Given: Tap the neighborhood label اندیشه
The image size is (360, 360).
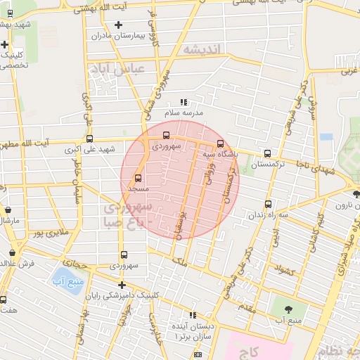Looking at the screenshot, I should pyautogui.click(x=202, y=49).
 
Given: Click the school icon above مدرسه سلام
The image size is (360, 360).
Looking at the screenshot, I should pyautogui.click(x=184, y=103).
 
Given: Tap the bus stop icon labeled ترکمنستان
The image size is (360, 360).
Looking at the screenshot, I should pyautogui.click(x=267, y=153).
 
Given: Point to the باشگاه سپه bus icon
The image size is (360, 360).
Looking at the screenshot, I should pyautogui.click(x=220, y=144).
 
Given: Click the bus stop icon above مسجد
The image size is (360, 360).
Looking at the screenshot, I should pyautogui.click(x=137, y=178).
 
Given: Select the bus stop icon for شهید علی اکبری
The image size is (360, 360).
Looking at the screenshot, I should pyautogui.click(x=89, y=139).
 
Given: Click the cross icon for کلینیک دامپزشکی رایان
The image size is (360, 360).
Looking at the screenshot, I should pyautogui.click(x=122, y=285).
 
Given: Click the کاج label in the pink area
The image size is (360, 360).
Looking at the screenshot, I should pyautogui.click(x=254, y=350).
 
